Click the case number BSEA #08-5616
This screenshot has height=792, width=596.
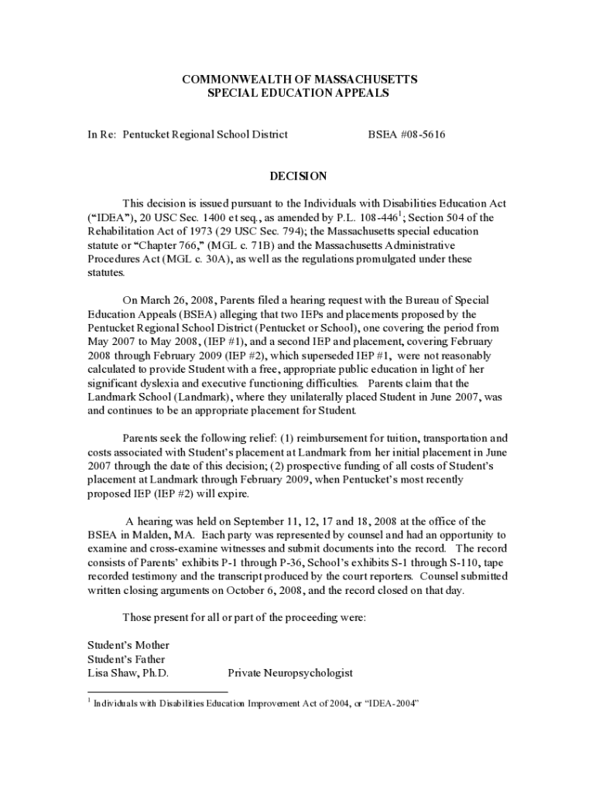[x=406, y=135]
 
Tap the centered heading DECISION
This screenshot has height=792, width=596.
[x=298, y=176]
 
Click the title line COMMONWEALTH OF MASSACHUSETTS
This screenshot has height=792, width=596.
[x=299, y=80]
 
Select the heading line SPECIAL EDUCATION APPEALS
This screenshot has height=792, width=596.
[x=299, y=93]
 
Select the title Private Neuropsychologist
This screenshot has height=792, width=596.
[x=290, y=673]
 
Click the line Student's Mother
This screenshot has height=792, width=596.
[x=128, y=645]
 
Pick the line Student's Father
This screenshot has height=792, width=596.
[x=126, y=659]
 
